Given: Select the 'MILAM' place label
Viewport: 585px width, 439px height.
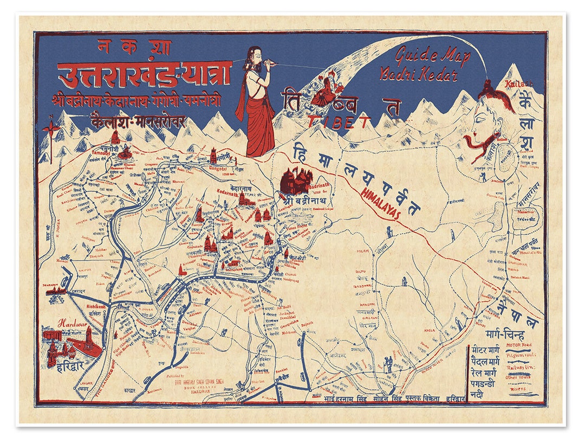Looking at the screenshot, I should coord(363,251).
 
